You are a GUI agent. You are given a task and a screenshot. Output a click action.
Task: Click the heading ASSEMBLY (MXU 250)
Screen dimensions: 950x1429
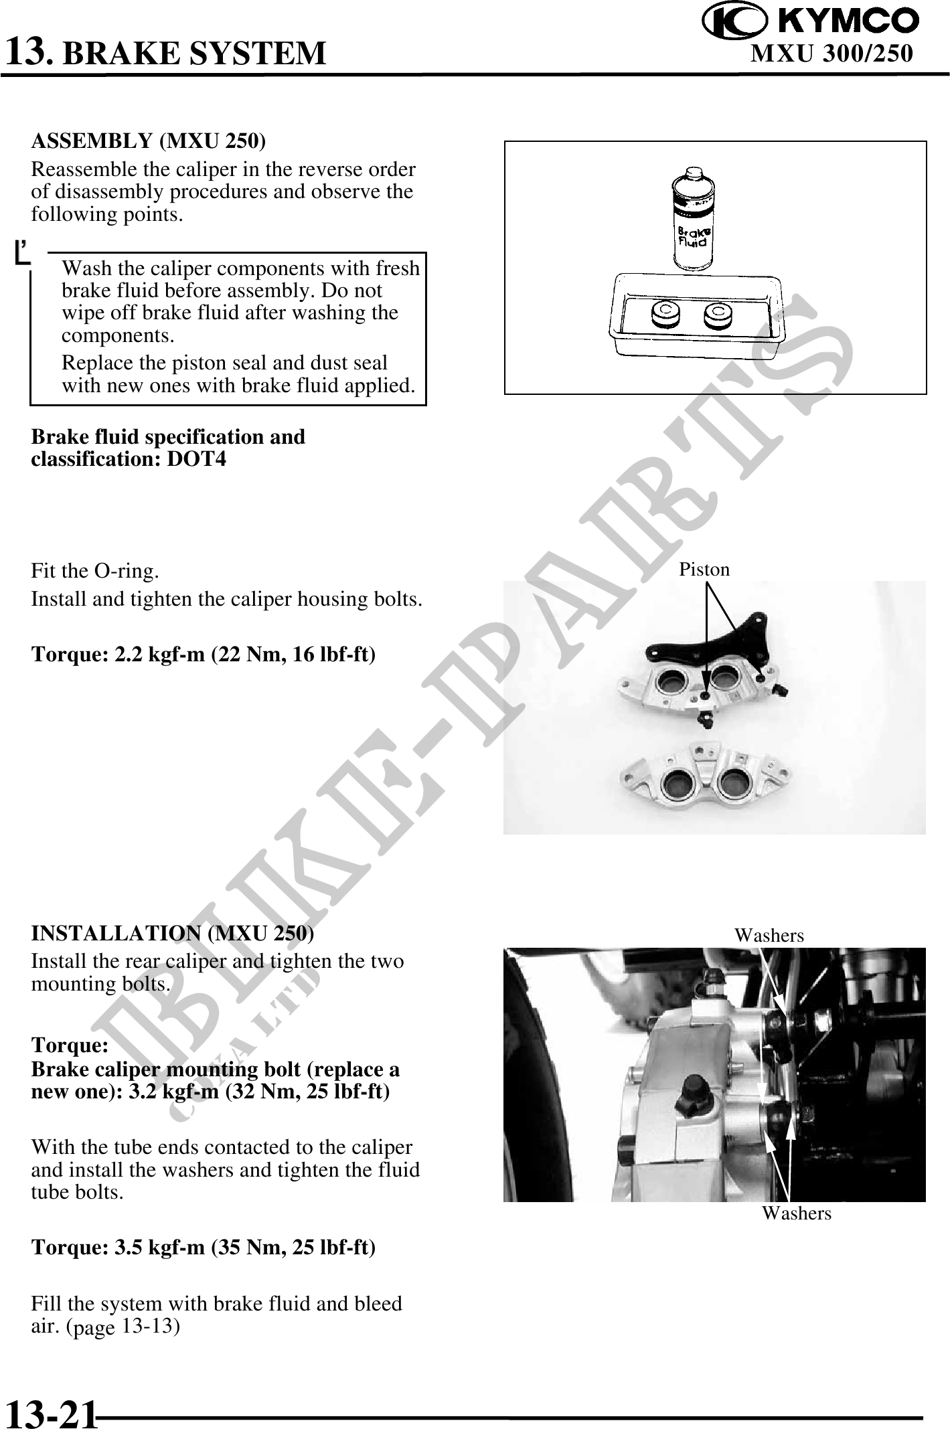[148, 141]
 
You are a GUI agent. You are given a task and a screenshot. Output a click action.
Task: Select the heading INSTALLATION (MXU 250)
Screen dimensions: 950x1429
[173, 932]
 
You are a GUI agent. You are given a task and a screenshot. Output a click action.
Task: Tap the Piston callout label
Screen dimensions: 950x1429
[704, 570]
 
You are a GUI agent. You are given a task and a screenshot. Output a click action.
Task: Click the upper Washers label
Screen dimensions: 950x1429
[769, 936]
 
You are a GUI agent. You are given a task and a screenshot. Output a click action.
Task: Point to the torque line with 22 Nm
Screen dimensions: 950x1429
[204, 653]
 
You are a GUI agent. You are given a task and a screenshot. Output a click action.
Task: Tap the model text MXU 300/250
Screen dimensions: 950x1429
[832, 53]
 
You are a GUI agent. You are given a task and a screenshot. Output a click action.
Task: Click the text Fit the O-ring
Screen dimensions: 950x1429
[95, 571]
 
